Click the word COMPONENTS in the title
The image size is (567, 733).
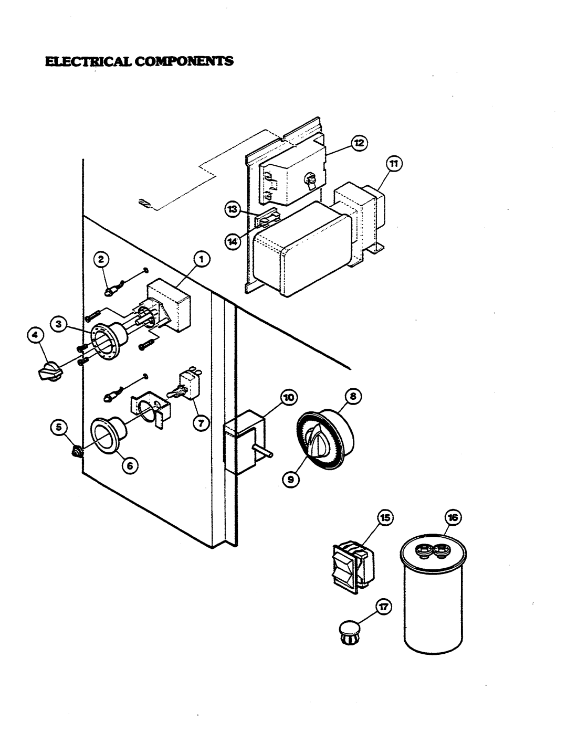[184, 61]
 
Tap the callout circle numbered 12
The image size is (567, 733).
[359, 143]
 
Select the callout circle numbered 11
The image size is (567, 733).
[394, 164]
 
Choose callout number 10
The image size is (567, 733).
[289, 398]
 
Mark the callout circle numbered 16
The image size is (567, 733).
[453, 517]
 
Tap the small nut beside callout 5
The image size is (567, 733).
[77, 452]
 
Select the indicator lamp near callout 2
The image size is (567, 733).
[110, 291]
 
